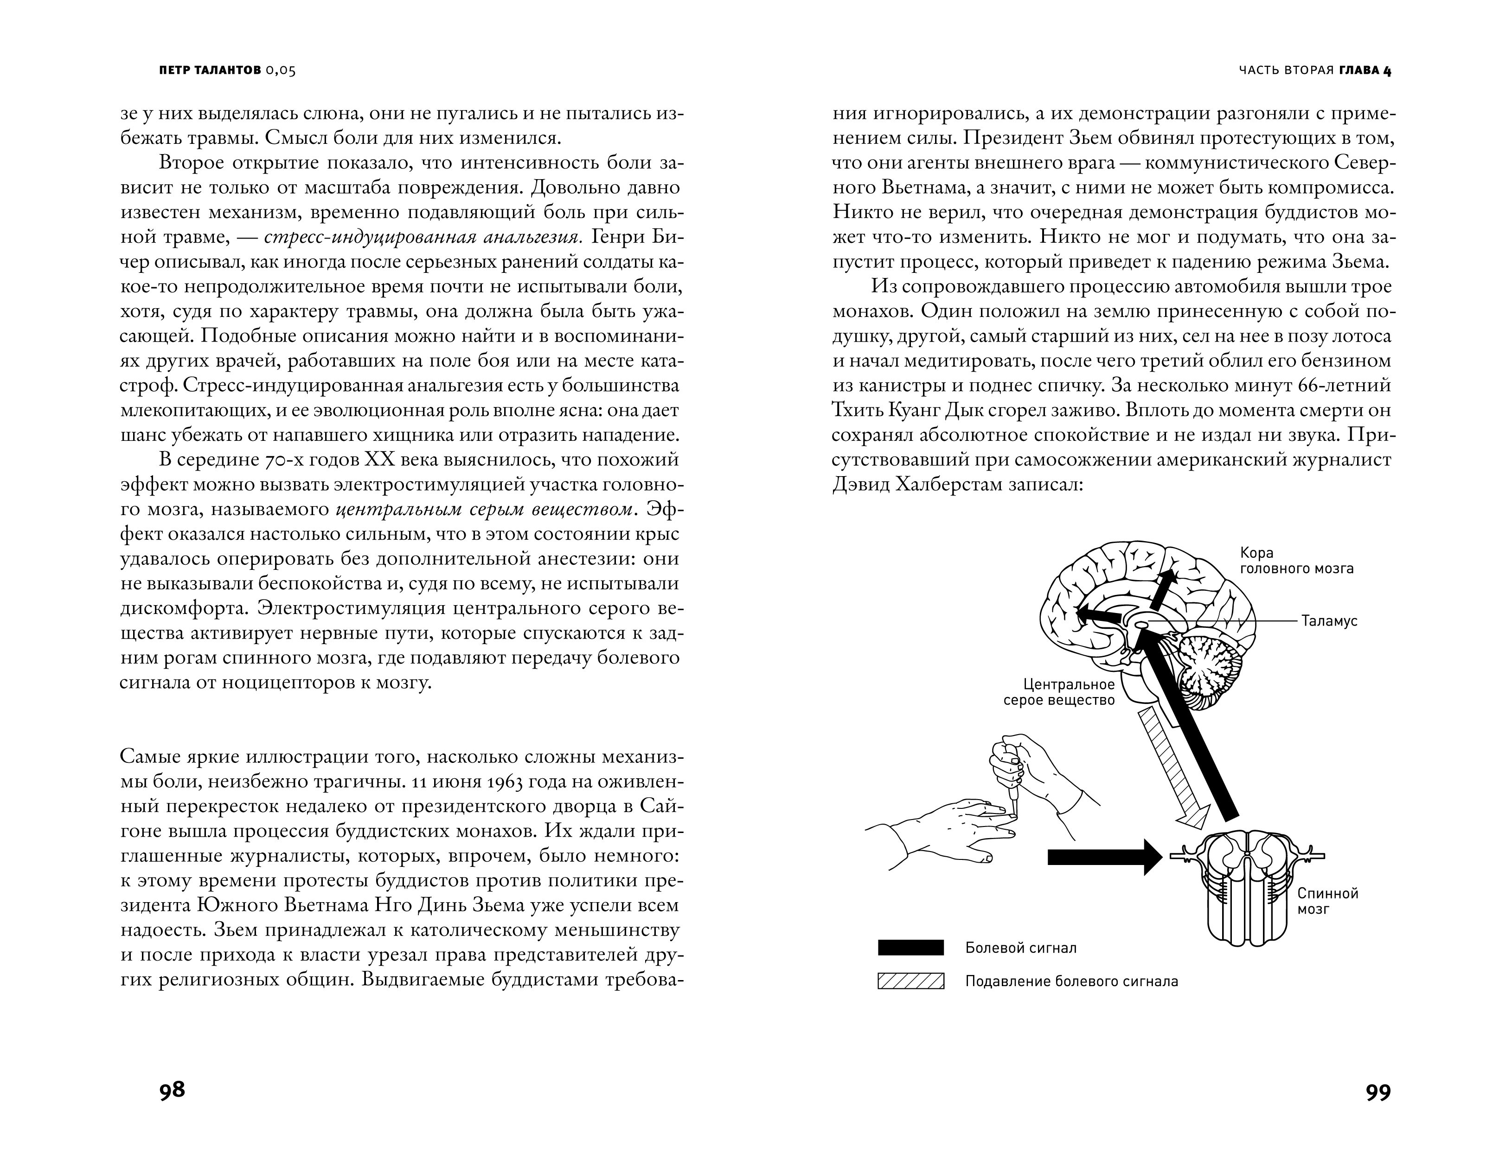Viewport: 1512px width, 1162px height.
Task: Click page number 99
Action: (1378, 1092)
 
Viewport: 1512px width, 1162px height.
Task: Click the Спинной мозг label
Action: (1327, 901)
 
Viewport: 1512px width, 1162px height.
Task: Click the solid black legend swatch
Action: (910, 948)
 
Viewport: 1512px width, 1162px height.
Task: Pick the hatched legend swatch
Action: (910, 981)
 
